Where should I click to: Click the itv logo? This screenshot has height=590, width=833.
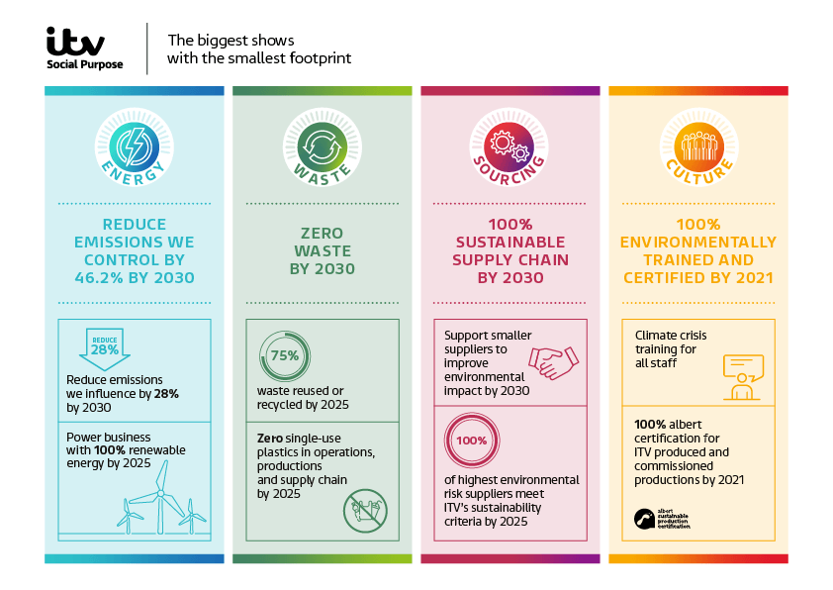click(x=75, y=41)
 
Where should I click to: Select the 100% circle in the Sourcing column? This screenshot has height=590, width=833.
click(x=473, y=441)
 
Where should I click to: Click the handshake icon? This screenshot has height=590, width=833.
click(x=554, y=362)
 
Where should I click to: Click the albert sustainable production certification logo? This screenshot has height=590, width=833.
click(x=661, y=519)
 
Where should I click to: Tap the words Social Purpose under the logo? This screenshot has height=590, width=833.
click(x=85, y=64)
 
